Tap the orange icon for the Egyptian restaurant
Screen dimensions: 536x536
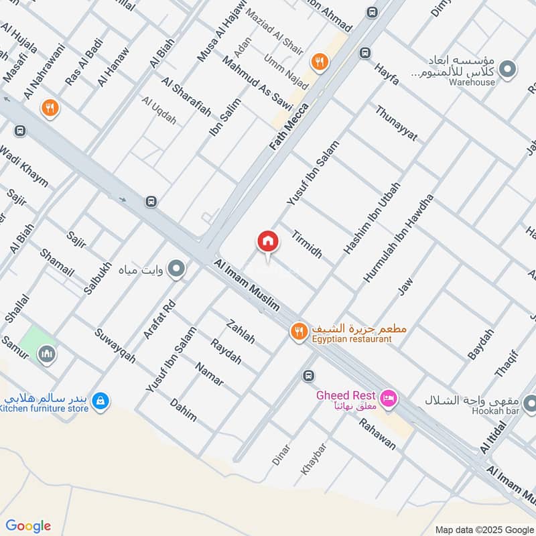click(299, 331)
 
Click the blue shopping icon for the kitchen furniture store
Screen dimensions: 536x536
click(100, 401)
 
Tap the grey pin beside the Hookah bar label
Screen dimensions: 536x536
click(529, 403)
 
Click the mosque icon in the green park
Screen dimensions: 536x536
click(46, 352)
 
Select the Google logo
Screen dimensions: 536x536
click(28, 526)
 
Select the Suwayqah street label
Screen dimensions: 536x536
click(115, 346)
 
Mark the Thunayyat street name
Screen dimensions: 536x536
click(396, 124)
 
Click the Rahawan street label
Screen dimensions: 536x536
click(378, 434)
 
